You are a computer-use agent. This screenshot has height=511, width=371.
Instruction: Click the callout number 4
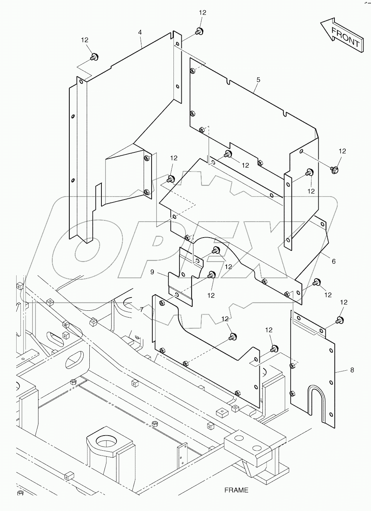click(140, 32)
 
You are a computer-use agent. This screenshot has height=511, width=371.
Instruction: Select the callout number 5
click(258, 80)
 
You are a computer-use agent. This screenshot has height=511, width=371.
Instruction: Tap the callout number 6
click(334, 261)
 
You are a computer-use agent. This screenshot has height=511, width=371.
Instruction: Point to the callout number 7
click(141, 310)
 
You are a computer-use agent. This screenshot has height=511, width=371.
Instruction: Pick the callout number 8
click(352, 370)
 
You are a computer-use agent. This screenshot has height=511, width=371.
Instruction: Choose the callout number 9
click(152, 272)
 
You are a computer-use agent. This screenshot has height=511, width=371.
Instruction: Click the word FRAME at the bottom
click(236, 490)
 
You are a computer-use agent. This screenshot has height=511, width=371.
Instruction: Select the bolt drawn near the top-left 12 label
click(94, 57)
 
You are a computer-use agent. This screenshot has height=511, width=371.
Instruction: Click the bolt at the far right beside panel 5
click(334, 169)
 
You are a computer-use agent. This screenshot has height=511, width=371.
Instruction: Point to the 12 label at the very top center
click(202, 12)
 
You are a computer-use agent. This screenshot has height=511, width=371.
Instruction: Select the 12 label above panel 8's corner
click(343, 302)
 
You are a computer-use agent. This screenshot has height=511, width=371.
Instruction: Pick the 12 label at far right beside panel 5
click(342, 151)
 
